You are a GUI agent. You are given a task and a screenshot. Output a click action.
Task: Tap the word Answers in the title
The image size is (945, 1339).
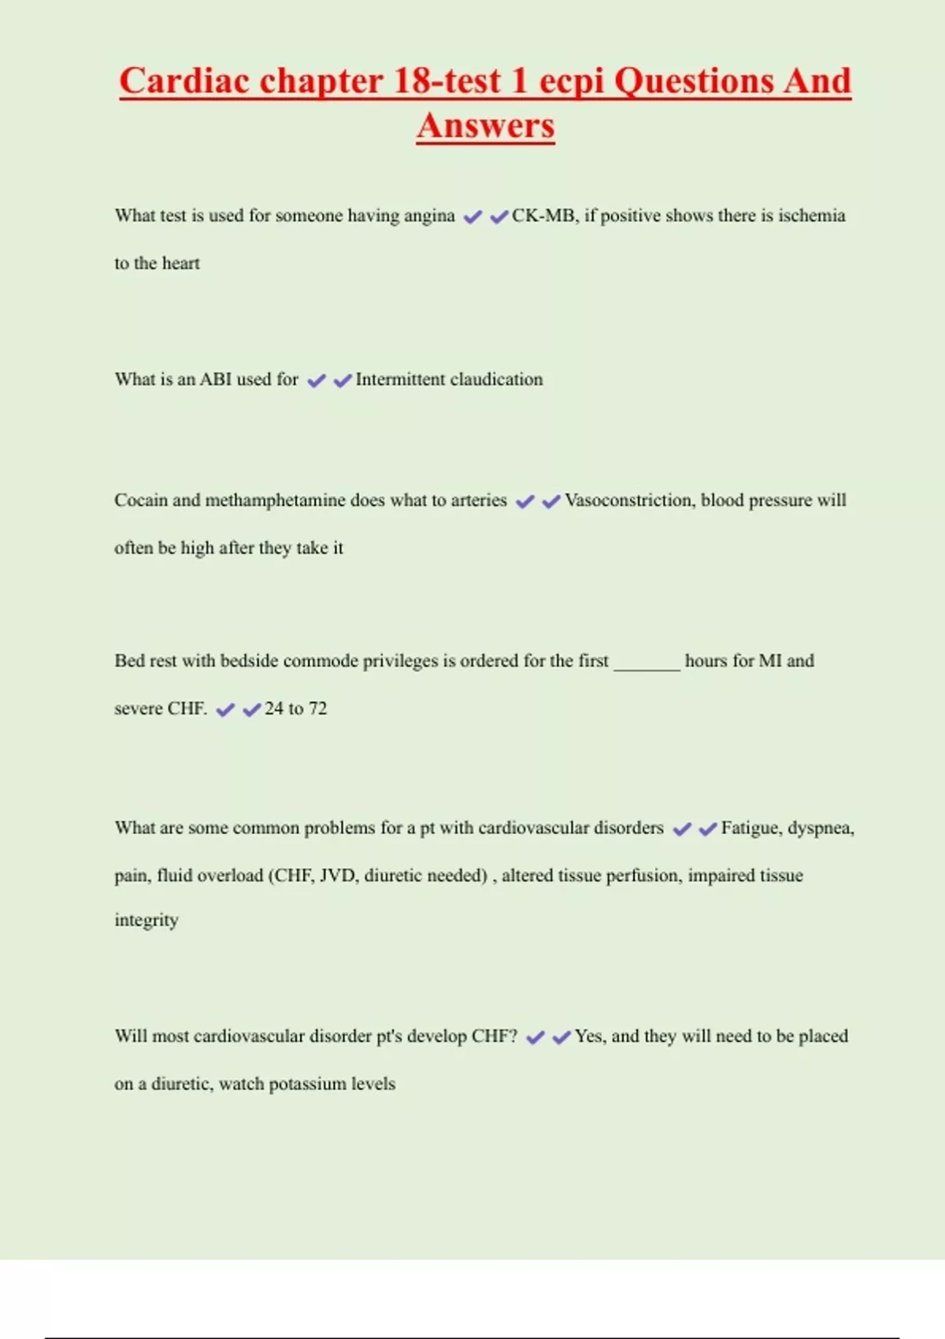486,126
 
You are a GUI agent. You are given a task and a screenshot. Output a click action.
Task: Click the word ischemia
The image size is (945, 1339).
811,216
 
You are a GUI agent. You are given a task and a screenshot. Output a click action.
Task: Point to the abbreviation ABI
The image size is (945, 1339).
215,380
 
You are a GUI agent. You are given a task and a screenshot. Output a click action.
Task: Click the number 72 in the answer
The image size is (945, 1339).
317,709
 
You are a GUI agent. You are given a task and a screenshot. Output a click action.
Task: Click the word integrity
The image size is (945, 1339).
146,920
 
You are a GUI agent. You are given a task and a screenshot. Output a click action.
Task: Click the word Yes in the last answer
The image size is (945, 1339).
590,1037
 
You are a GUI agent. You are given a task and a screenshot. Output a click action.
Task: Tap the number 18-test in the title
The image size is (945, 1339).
447,81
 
